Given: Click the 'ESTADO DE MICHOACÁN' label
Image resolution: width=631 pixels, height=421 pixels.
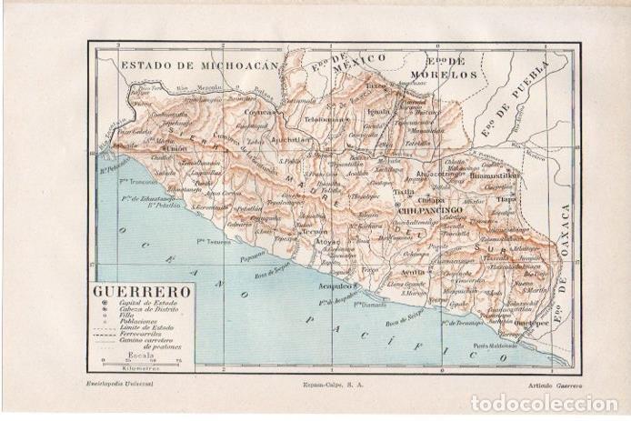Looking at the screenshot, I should (x=198, y=66).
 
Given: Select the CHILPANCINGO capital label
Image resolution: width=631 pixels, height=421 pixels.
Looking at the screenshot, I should (x=430, y=210).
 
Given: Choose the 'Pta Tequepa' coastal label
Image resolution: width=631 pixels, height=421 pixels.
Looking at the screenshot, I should (x=209, y=241).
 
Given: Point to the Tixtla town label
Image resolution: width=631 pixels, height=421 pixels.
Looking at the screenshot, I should (x=402, y=192).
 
